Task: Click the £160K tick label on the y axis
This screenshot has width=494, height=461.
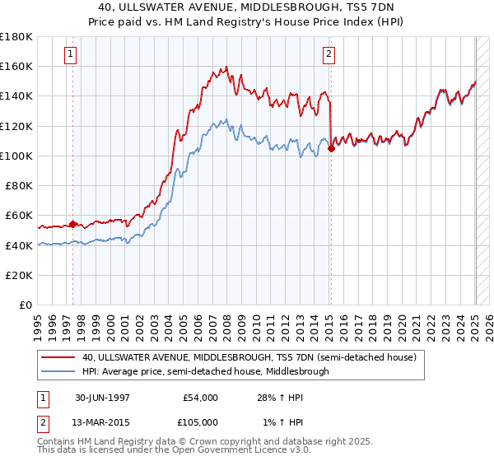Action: tap(16, 66)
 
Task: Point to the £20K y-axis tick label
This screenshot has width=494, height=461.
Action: tap(19, 275)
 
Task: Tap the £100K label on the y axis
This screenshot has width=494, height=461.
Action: tap(16, 156)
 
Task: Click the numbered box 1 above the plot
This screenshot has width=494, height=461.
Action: tap(71, 55)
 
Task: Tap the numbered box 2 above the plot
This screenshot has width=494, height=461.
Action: tap(329, 55)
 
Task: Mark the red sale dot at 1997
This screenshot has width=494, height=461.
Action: tap(73, 223)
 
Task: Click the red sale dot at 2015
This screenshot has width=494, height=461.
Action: tap(331, 149)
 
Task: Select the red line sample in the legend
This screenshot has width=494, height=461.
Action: tap(58, 358)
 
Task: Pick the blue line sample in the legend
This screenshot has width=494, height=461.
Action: tap(58, 371)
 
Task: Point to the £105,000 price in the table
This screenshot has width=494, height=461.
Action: tap(200, 424)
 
